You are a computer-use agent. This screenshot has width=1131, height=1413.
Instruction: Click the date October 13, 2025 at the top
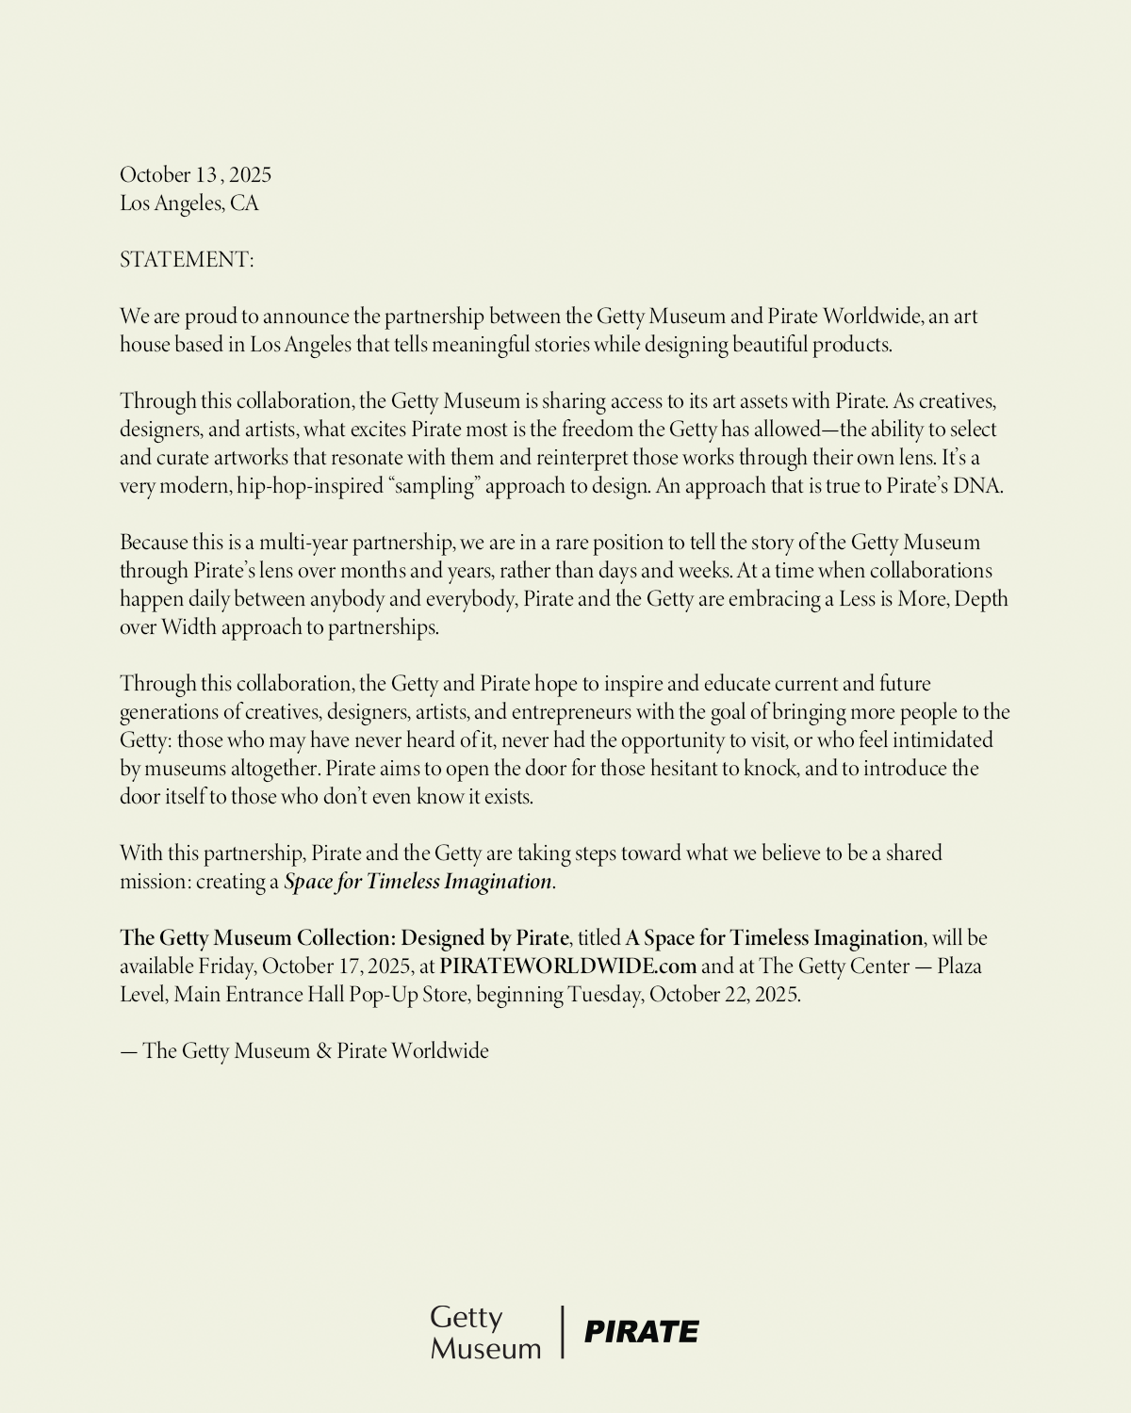coord(195,175)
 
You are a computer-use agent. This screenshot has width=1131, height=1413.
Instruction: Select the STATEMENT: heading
coord(187,260)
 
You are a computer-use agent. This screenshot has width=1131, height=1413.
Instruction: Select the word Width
coord(188,627)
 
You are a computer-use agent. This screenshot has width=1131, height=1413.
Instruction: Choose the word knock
coord(771,769)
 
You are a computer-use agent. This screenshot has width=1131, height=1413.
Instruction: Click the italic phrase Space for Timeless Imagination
coord(418,882)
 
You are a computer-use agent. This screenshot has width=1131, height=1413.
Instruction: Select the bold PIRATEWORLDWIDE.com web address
coord(567,966)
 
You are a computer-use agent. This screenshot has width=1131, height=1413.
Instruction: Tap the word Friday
coord(225,966)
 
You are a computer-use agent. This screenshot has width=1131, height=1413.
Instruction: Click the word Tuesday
coord(604,995)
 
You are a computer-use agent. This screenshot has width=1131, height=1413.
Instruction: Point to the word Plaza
coord(959,966)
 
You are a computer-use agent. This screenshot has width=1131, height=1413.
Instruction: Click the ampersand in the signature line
coord(323,1051)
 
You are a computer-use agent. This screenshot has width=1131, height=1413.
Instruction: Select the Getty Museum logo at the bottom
coord(485,1332)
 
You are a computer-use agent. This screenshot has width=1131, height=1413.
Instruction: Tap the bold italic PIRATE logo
coord(641,1332)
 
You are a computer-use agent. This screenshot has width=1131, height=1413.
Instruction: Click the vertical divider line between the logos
coord(563,1332)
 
